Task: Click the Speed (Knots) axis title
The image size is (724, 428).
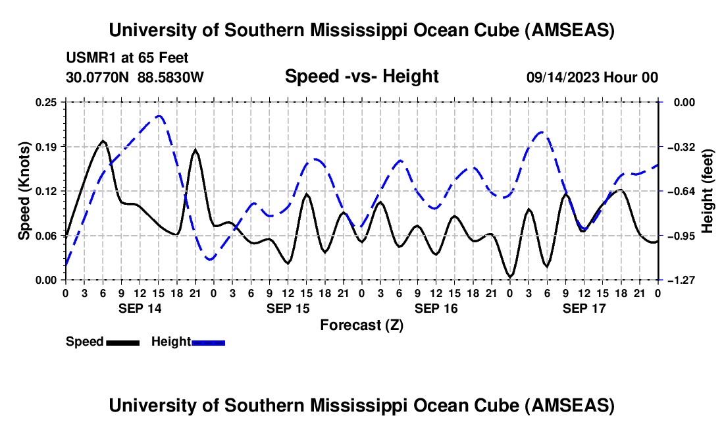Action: [24, 191]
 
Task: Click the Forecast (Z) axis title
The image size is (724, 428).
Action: [361, 325]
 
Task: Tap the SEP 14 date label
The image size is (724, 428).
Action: [140, 308]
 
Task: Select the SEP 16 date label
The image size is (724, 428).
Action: [436, 308]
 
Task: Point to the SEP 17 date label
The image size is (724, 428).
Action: [584, 308]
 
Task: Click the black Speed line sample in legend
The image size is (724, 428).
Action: [122, 342]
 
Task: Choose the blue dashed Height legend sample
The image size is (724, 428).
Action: [208, 342]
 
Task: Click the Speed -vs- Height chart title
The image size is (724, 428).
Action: [361, 76]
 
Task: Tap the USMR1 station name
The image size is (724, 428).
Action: [86, 58]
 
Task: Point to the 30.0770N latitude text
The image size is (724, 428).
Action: [99, 77]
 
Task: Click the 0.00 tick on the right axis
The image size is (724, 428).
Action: [683, 102]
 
